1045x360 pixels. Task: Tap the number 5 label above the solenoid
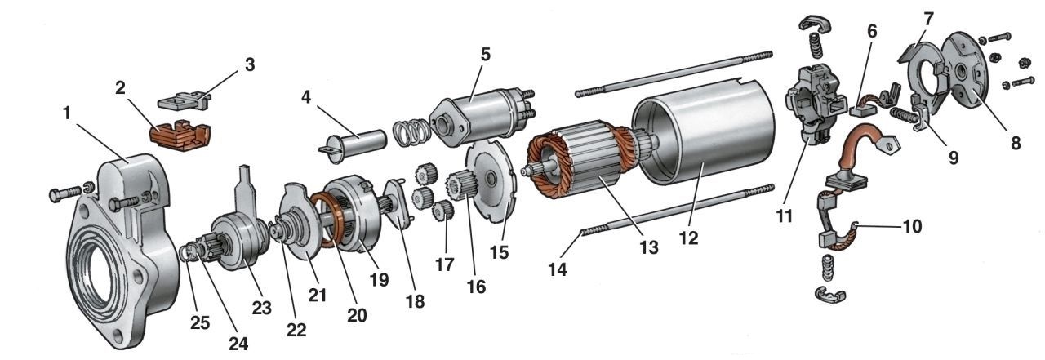click(x=485, y=55)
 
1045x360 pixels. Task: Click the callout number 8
click(x=1015, y=143)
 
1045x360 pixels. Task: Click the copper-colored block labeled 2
click(x=180, y=133)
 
